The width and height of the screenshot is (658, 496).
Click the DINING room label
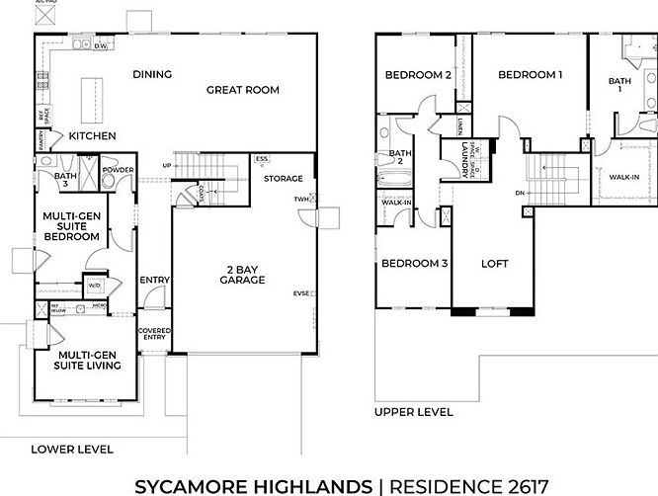click(x=152, y=74)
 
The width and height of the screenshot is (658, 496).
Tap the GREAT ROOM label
click(x=242, y=90)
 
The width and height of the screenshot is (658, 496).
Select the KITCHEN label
click(x=92, y=136)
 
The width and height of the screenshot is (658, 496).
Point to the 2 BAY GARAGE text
click(x=242, y=274)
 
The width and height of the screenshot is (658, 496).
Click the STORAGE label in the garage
click(x=283, y=178)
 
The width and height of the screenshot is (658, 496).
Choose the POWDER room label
click(x=118, y=169)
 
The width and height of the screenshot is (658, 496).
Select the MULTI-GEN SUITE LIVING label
click(x=89, y=359)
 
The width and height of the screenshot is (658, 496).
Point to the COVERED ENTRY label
click(x=153, y=334)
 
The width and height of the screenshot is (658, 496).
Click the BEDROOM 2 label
click(x=419, y=74)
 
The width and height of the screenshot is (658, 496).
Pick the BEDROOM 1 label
click(x=530, y=74)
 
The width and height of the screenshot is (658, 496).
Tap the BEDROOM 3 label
click(x=415, y=264)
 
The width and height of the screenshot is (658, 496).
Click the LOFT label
click(x=494, y=264)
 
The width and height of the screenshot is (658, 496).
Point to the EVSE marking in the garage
click(x=301, y=293)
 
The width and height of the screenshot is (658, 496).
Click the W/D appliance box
click(x=96, y=286)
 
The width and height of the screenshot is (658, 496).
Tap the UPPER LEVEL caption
click(x=414, y=412)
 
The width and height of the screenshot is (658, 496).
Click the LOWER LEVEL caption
click(x=72, y=449)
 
